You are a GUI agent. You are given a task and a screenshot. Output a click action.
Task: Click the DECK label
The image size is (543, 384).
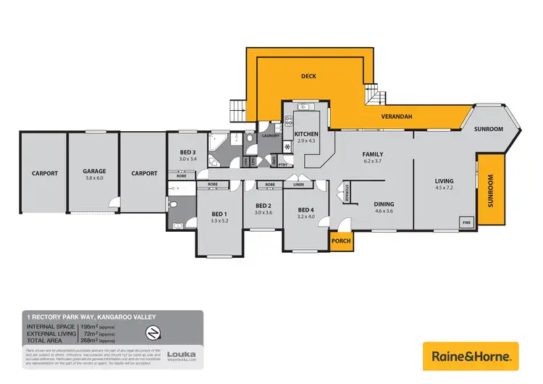point(310,75)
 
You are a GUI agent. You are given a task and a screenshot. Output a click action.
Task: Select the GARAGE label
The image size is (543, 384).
point(94,172)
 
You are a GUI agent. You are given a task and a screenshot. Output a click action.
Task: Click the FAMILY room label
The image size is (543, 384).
point(372,154)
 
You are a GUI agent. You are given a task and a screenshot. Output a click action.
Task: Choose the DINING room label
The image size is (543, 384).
point(384,204)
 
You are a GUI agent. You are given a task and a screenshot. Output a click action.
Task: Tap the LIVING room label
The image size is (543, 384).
point(444,181)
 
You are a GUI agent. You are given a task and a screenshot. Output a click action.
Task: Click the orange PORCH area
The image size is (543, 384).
point(340,241)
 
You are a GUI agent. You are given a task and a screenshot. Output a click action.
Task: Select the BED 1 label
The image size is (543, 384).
point(219,214)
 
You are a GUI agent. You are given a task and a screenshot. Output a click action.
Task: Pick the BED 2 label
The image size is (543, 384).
point(263,205)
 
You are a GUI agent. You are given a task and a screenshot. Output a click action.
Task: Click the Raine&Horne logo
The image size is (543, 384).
point(471,356)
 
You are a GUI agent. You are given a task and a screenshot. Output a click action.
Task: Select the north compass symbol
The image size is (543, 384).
point(153,333)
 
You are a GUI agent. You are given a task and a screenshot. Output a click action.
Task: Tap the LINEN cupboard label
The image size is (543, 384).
point(298,185)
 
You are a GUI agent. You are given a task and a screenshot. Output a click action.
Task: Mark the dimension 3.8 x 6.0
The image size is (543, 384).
point(94,178)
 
